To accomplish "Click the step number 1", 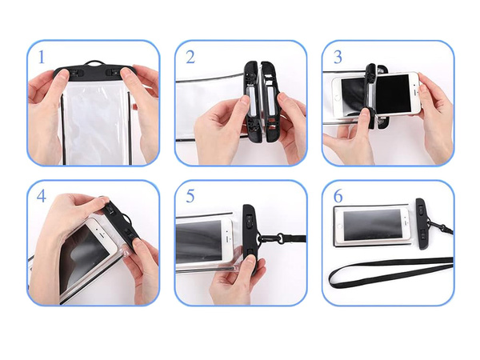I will tap(41, 58).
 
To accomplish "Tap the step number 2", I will tap(190, 57).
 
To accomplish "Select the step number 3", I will tap(338, 58).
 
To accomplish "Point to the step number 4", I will tap(41, 197).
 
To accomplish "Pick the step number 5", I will tap(190, 197).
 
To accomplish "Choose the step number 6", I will tap(338, 197).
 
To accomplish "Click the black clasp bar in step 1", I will tap(94, 72).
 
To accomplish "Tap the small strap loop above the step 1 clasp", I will tap(95, 62).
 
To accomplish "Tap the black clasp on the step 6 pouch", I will tap(421, 224).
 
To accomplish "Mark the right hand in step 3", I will tap(436, 112).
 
